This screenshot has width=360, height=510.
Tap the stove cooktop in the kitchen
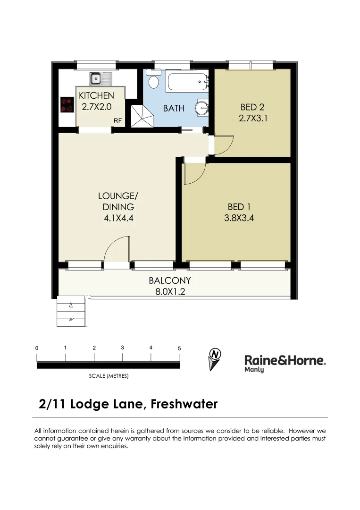pos(67,104)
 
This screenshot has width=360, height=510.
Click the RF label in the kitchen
pos(117,121)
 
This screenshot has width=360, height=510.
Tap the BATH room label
pos(174,108)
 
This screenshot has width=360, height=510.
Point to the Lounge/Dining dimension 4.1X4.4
pos(118,218)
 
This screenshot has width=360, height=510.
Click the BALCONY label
pos(170,280)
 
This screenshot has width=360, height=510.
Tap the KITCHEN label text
pos(96,96)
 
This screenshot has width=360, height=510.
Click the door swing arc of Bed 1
pos(194,173)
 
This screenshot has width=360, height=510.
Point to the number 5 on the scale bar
pos(179,348)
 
